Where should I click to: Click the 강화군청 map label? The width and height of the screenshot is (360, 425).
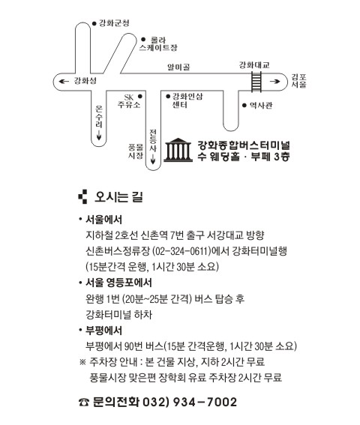point(114,23)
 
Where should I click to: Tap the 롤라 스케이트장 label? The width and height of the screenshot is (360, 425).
point(158,44)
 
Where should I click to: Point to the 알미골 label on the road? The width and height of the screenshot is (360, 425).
point(178,67)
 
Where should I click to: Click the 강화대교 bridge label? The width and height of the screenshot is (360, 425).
point(254,65)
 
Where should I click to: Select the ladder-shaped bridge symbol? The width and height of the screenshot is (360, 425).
point(256,81)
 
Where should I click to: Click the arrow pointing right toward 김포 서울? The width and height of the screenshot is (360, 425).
point(274,81)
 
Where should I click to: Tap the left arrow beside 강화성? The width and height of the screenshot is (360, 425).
point(64,81)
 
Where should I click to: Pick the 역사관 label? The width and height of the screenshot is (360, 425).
point(261,105)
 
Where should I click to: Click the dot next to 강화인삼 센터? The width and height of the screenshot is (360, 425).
point(168,96)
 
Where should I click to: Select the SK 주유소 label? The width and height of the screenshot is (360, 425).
point(129,101)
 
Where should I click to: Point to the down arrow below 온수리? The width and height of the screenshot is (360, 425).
point(99,135)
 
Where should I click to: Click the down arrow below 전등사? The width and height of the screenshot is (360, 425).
point(153,159)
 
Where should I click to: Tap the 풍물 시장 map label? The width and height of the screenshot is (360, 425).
point(136,151)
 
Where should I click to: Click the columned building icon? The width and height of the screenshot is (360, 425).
point(178,150)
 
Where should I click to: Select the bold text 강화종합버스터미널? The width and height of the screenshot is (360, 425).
point(244,145)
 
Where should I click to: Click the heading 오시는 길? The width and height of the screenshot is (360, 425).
point(118,197)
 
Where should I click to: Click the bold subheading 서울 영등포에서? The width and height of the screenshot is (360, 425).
point(118,283)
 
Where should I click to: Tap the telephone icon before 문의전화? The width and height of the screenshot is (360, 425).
point(84,403)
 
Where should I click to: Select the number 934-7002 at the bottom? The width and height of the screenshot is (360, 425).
point(205,402)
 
